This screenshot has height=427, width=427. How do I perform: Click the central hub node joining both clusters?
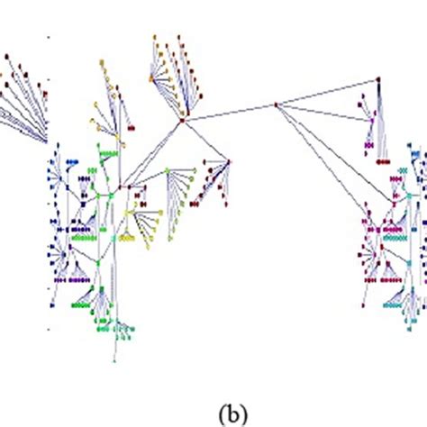click(277, 105)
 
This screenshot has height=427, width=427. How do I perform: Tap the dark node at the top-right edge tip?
click(378, 79)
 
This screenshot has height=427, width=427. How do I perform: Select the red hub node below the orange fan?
click(181, 119)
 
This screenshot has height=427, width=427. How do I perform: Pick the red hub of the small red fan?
click(229, 162)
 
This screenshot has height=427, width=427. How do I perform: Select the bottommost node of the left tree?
click(114, 360)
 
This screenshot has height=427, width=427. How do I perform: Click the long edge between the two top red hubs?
click(229, 112)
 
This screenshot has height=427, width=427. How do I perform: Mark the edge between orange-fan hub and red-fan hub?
click(204, 141)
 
